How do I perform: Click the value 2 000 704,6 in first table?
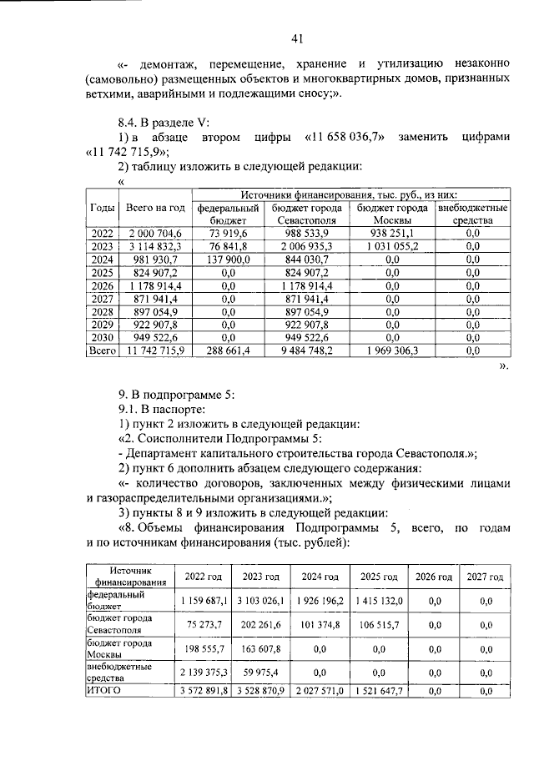pos(154,233)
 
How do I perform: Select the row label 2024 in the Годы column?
pos(100,260)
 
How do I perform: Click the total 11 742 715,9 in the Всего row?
pos(154,352)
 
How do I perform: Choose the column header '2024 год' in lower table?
pos(320,577)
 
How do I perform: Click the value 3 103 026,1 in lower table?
pos(261,600)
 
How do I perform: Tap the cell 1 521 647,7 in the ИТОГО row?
pos(376,690)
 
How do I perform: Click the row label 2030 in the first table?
pos(100,339)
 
